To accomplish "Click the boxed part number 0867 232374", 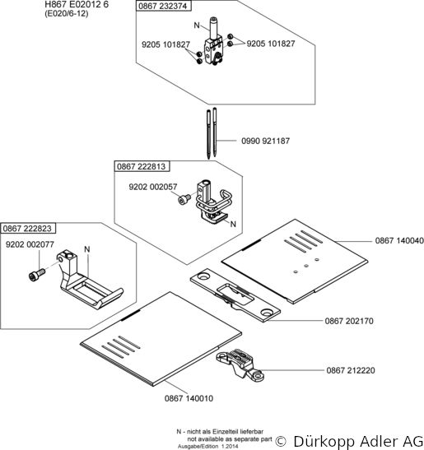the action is click(x=163, y=6).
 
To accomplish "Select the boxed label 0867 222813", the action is click(x=142, y=166).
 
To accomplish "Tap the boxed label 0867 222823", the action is click(x=27, y=229).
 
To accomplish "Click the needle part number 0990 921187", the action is click(x=265, y=141).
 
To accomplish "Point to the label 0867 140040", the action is click(x=399, y=240).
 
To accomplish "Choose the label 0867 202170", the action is click(x=349, y=321).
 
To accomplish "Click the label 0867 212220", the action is click(x=351, y=370).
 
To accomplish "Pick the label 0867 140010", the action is click(x=189, y=398).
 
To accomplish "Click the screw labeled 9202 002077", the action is click(x=37, y=275).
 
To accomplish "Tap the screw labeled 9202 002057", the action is click(x=184, y=199).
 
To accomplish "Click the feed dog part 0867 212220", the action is click(x=240, y=364).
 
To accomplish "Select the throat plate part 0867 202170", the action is click(x=235, y=295).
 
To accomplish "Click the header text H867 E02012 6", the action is click(x=77, y=4).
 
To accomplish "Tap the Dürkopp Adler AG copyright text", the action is click(x=349, y=440).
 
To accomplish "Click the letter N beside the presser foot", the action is click(x=87, y=249).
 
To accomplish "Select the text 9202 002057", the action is click(x=153, y=187).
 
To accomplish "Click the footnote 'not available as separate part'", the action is click(x=230, y=438).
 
